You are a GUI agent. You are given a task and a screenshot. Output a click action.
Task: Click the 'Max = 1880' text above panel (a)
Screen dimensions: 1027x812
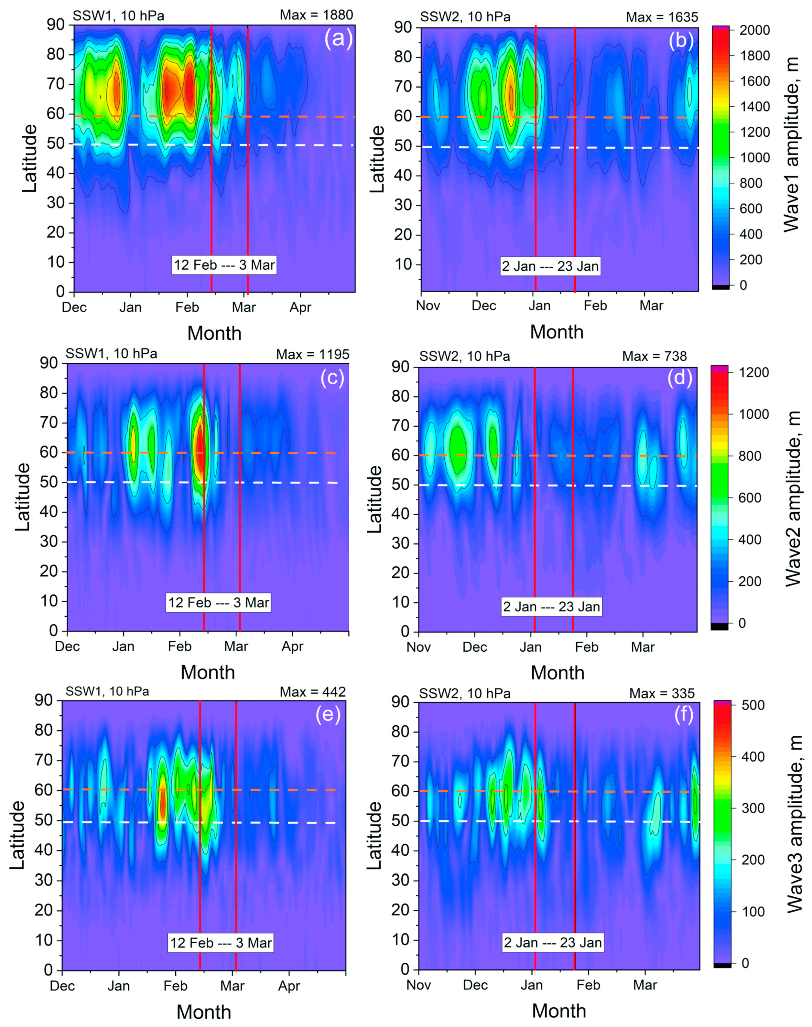point(316,15)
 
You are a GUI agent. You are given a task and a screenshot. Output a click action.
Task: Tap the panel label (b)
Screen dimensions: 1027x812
point(681,41)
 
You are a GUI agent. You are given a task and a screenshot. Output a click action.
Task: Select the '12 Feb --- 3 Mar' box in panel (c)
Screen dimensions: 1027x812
point(219,603)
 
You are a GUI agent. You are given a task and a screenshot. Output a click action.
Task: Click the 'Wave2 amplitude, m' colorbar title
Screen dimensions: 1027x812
point(793,499)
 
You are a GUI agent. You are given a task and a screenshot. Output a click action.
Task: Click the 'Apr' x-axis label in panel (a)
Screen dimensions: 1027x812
point(300,307)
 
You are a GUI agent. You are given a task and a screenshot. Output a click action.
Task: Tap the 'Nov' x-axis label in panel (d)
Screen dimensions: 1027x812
point(418,647)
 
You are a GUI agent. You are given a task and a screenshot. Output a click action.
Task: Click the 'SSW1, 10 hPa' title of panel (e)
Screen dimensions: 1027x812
point(107,691)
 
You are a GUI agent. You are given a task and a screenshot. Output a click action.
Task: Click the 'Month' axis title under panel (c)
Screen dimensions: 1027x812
point(208,672)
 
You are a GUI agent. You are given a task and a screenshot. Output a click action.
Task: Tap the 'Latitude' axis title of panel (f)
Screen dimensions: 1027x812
point(375,835)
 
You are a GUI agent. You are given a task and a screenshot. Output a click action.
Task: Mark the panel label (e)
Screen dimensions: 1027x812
point(328,715)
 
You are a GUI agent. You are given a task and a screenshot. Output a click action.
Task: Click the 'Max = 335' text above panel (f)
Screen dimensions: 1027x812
point(662,693)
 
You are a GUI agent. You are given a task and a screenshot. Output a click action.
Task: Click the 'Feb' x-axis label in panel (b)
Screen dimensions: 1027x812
point(595,305)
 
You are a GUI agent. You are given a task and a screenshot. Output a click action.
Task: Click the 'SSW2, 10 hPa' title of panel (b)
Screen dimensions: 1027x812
point(465,17)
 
